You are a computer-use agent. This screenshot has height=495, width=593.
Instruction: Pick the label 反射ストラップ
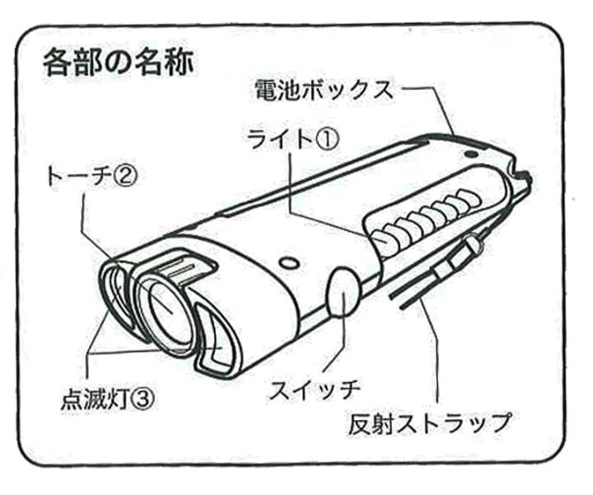pos(427,423)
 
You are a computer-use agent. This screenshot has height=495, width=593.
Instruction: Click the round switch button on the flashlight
pos(343,293)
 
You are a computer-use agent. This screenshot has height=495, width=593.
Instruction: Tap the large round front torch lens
pos(170,309)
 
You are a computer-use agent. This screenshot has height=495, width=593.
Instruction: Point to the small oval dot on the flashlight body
pos(287,263)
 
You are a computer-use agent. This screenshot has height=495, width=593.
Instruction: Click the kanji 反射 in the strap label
pos(367,423)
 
